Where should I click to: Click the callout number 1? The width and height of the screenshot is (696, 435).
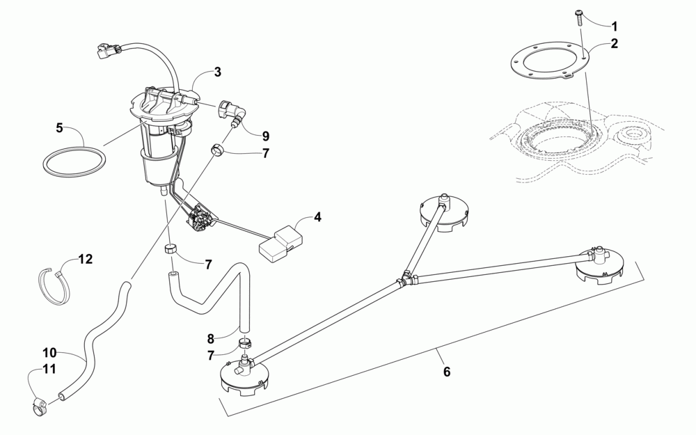click(615, 26)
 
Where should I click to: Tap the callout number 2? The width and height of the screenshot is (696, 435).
click(615, 43)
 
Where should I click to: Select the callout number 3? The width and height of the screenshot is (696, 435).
click(217, 72)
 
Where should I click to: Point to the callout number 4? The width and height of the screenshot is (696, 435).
click(317, 217)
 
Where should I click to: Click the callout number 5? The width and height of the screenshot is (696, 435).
click(59, 127)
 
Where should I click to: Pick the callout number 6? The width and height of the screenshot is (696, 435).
click(447, 372)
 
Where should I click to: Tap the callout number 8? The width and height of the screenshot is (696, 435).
click(210, 340)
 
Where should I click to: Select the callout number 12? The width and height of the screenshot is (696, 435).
click(85, 260)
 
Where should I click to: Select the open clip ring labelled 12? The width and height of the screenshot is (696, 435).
click(54, 285)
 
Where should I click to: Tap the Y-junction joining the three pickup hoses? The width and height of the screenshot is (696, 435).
click(404, 280)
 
